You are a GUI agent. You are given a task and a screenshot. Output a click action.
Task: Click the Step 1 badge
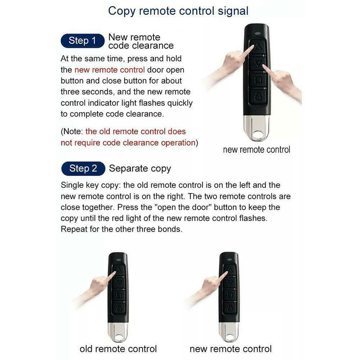tap(82, 40)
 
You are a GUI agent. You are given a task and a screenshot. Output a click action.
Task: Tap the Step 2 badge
tap(83, 168)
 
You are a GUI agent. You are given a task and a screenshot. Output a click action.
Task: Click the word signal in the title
tap(233, 11)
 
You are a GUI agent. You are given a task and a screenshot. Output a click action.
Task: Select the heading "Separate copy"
tap(140, 169)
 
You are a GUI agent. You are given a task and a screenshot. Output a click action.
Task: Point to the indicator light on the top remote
tap(257, 33)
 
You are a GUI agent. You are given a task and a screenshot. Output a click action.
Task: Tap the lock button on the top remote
tap(258, 96)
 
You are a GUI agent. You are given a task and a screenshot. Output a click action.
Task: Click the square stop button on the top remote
tap(258, 80)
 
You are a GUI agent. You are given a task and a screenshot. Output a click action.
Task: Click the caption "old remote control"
tap(118, 349)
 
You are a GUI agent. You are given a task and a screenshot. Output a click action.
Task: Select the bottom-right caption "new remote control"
tap(231, 349)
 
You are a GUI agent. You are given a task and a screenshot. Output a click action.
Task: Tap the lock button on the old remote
tap(119, 308)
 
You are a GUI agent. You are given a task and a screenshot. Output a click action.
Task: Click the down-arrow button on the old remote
tap(119, 282)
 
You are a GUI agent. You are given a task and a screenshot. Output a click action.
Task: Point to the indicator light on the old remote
tap(119, 260)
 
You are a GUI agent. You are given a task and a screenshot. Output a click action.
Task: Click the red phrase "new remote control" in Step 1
tap(109, 70)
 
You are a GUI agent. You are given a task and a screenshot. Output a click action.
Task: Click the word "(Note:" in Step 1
tap(72, 131)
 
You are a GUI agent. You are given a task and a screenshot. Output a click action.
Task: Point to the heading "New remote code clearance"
tap(141, 41)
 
